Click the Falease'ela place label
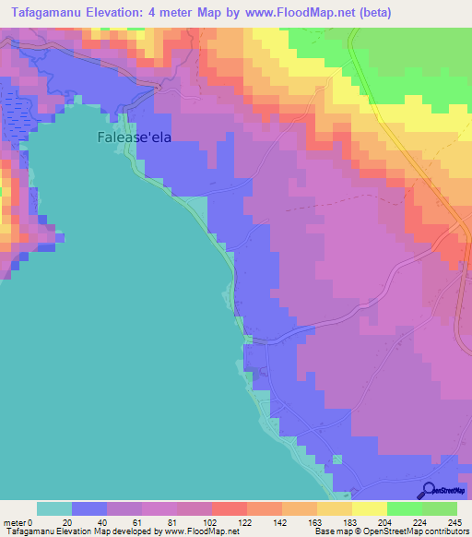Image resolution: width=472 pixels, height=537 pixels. click(135, 137)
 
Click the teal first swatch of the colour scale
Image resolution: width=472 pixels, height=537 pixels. click(54, 508)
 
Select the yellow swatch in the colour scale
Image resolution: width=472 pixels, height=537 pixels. click(370, 508)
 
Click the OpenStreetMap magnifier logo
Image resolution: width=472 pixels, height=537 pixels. click(428, 490)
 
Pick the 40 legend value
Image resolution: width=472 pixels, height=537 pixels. click(102, 521)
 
